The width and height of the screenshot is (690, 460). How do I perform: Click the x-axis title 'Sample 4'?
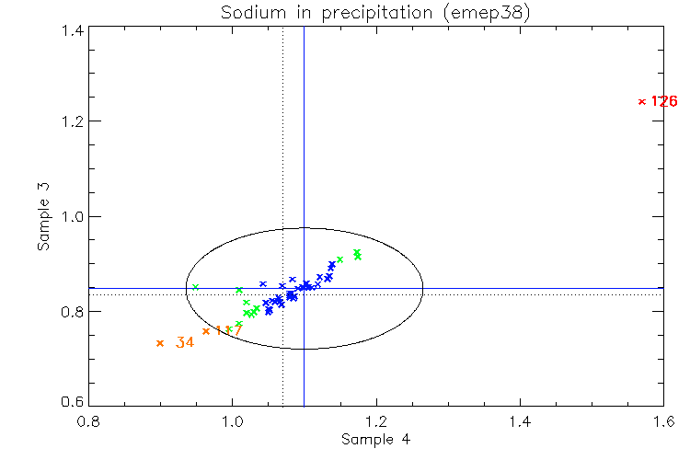[x=376, y=440]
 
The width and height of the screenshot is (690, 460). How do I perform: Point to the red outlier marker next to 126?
[x=641, y=101]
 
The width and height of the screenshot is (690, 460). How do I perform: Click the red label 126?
[x=663, y=101]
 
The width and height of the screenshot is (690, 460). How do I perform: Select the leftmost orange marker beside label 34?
[x=160, y=343]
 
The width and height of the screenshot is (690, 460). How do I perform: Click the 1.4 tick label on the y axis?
[x=73, y=30]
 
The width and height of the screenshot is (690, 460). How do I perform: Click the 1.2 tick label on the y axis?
[x=73, y=121]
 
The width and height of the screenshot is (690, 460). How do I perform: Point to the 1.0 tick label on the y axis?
[x=73, y=217]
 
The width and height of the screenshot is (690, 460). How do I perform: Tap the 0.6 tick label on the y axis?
[x=73, y=404]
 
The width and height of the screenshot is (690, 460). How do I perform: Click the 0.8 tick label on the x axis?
[x=89, y=421]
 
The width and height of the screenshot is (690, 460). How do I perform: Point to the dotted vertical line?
[x=282, y=138]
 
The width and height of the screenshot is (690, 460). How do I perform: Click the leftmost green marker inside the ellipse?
[x=195, y=287]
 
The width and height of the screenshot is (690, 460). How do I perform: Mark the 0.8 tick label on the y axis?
[x=73, y=312]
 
